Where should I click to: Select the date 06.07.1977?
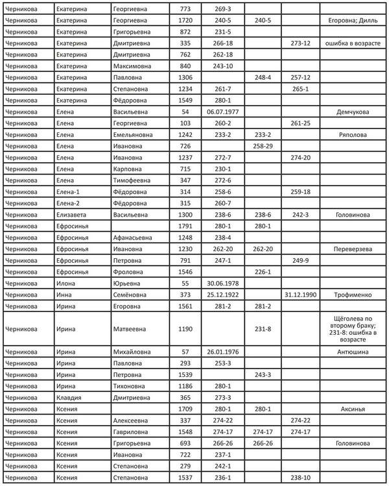(x=222, y=112)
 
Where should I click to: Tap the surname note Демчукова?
(x=353, y=112)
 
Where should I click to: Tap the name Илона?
(x=66, y=283)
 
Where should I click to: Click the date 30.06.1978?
(x=222, y=283)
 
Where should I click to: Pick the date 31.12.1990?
(x=300, y=295)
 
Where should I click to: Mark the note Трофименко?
(x=353, y=295)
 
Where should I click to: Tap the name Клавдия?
(x=71, y=398)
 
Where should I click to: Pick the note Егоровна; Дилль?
(x=353, y=21)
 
